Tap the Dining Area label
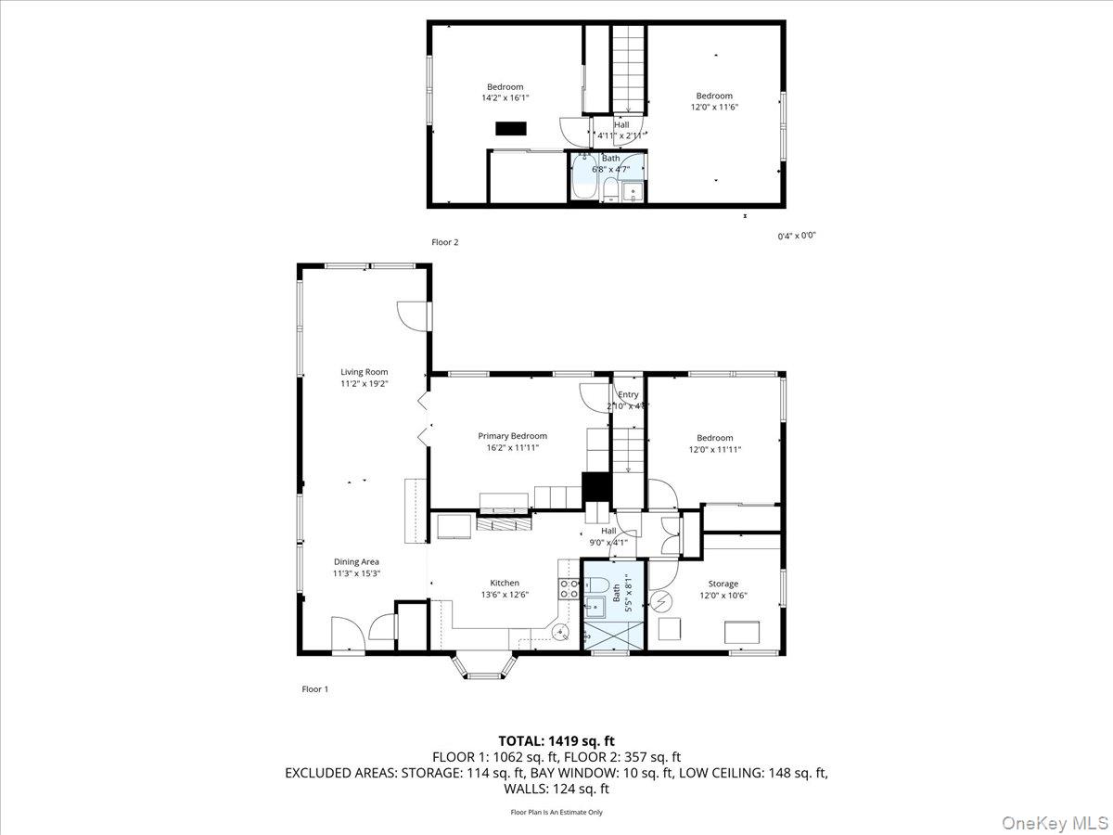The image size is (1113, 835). (357, 561)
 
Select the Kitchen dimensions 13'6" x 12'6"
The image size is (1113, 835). (505, 595)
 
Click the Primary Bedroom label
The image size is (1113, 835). (512, 436)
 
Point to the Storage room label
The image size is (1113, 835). (723, 584)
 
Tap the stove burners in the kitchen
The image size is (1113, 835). (569, 588)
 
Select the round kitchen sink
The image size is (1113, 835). (561, 633)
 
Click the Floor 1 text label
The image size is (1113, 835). (315, 689)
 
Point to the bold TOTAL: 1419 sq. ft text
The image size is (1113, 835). (556, 740)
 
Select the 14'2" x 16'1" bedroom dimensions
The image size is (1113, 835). (505, 97)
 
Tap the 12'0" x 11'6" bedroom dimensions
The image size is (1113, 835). (714, 107)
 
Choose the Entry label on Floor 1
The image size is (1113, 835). (629, 394)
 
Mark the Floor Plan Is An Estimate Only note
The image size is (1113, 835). (556, 812)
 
